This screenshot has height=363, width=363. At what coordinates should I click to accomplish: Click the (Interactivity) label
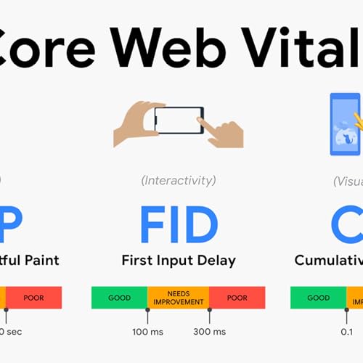[178, 179]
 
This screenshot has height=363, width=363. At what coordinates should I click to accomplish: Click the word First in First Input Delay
[136, 260]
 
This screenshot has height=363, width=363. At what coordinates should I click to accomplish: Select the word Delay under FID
[217, 260]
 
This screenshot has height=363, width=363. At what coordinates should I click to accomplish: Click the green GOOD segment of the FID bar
[119, 298]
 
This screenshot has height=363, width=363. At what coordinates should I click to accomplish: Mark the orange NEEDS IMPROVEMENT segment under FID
[178, 298]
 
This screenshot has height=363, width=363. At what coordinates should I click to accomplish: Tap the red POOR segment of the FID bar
[237, 298]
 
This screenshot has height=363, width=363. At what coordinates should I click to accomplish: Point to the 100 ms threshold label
[147, 332]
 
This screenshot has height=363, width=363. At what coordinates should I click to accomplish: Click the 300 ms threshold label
[210, 332]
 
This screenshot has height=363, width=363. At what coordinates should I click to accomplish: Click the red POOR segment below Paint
[33, 298]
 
